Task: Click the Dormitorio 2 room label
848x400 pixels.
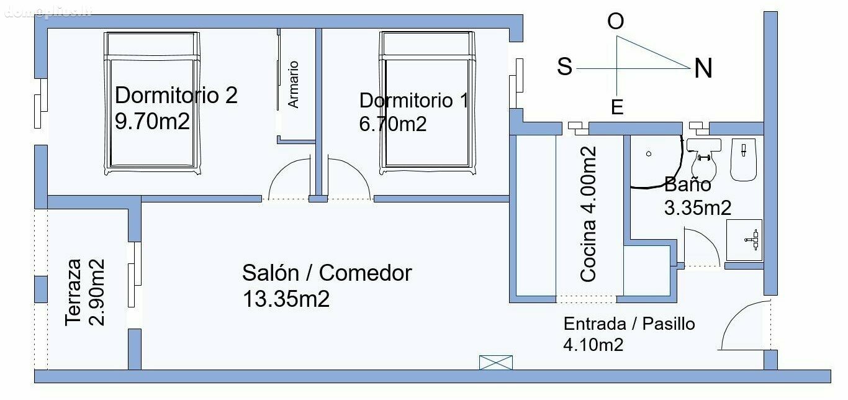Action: pos(176,95)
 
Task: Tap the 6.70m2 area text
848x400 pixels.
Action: pos(392,124)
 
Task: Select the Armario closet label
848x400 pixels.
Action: pos(294,84)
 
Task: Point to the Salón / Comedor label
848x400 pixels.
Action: pos(327,273)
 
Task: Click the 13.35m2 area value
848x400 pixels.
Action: pos(286,299)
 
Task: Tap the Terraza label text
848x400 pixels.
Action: pos(73,293)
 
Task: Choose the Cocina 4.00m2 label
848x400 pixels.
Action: pos(588,214)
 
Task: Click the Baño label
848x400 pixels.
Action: pos(687,185)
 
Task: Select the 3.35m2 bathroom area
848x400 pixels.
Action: pos(698,208)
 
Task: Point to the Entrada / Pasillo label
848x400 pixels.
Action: pos(629,324)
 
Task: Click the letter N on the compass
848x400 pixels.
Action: pos(703,68)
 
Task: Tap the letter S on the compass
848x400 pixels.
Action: pos(564,66)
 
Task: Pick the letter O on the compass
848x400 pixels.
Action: pos(616,21)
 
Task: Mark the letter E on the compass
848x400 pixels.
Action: pos(617,107)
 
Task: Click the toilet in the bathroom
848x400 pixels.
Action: pos(704,160)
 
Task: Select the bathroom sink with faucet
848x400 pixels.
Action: pos(744,240)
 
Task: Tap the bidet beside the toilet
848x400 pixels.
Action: pos(744,160)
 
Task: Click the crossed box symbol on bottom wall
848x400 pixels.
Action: pos(496,363)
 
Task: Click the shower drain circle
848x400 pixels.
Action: pos(649,153)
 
